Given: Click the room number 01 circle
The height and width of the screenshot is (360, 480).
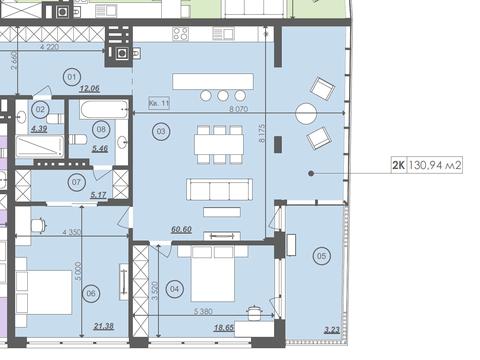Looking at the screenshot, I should coord(71,76).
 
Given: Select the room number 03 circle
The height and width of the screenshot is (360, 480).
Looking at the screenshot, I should coord(159,131).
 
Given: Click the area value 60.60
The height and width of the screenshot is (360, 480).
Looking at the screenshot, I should coord(180,228).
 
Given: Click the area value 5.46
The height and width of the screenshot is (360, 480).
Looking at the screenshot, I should coord(100,148).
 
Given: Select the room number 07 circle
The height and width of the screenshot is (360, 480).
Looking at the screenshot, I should coord(76,181).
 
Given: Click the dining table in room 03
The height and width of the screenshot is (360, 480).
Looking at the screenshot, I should coord(217,142).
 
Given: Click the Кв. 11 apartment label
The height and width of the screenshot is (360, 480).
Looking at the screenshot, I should coord(159,103).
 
